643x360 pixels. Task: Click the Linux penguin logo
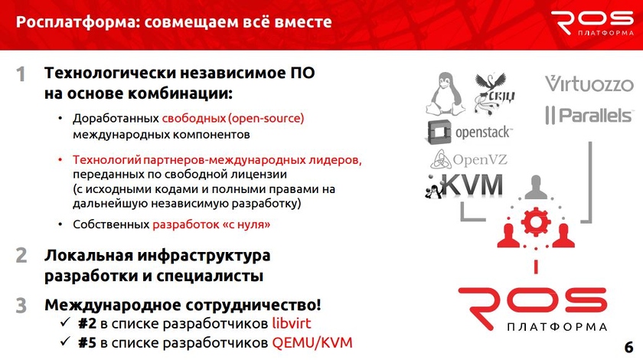(446, 93)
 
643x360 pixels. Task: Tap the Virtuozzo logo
(589, 83)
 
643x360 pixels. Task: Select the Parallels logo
(589, 115)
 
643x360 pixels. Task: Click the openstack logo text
(484, 133)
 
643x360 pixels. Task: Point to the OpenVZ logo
(468, 159)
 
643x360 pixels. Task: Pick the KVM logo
(464, 185)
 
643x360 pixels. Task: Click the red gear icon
(536, 222)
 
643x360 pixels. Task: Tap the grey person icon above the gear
(536, 187)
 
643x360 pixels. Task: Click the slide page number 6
(628, 347)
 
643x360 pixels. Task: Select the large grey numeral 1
(21, 74)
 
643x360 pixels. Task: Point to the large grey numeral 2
(21, 255)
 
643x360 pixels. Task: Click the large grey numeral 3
(21, 306)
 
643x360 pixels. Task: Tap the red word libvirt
(292, 323)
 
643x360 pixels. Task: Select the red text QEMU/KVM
(312, 342)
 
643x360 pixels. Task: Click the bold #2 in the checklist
(87, 323)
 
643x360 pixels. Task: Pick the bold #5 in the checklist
(87, 342)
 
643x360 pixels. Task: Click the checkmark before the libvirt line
(65, 322)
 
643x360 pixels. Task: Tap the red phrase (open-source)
(266, 119)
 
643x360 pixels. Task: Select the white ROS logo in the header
(592, 23)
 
